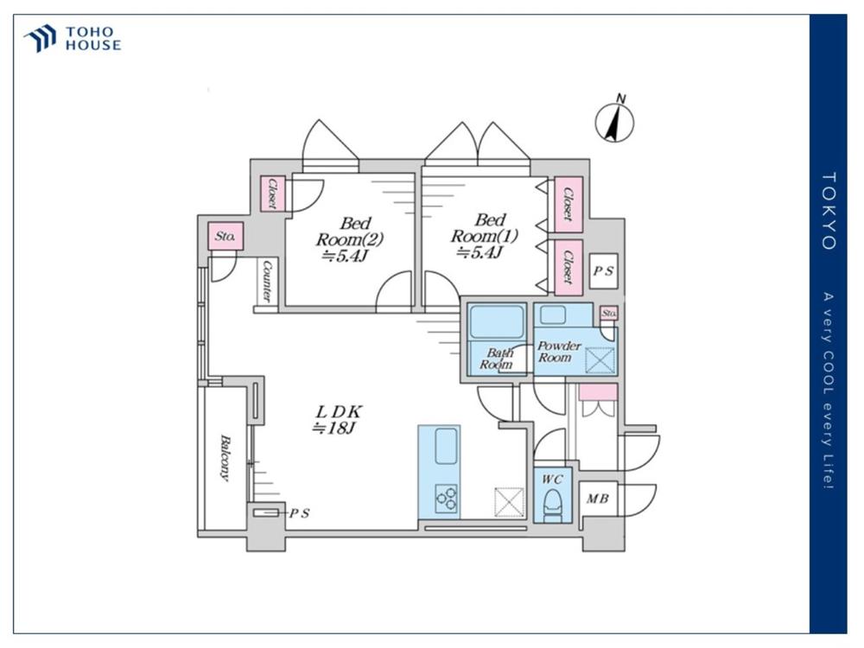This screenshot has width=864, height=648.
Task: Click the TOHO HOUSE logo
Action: coord(73,39)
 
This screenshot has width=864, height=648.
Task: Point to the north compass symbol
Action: coord(615,119)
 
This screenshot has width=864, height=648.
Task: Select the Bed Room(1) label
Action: coord(485,237)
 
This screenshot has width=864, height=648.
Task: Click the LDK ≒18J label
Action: coord(338,419)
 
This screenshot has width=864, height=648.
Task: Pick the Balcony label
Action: coord(225,457)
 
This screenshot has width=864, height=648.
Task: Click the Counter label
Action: coord(267,281)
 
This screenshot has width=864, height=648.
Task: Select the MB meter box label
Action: coord(597,499)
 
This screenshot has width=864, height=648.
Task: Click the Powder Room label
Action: coord(559,352)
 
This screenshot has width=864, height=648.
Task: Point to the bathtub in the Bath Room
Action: coord(497,321)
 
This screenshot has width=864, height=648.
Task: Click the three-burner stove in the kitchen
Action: coord(447,498)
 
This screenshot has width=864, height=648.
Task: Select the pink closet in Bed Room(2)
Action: coord(272,193)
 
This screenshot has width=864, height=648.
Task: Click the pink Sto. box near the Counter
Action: coord(226,237)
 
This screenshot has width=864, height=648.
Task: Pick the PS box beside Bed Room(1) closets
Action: coord(603,271)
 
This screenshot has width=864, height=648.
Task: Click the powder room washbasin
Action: coord(553,315)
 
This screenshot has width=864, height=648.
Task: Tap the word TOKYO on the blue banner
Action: coord(829,211)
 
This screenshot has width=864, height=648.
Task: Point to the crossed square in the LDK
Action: coord(509,502)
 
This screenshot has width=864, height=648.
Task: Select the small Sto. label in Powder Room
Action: coord(609,313)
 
